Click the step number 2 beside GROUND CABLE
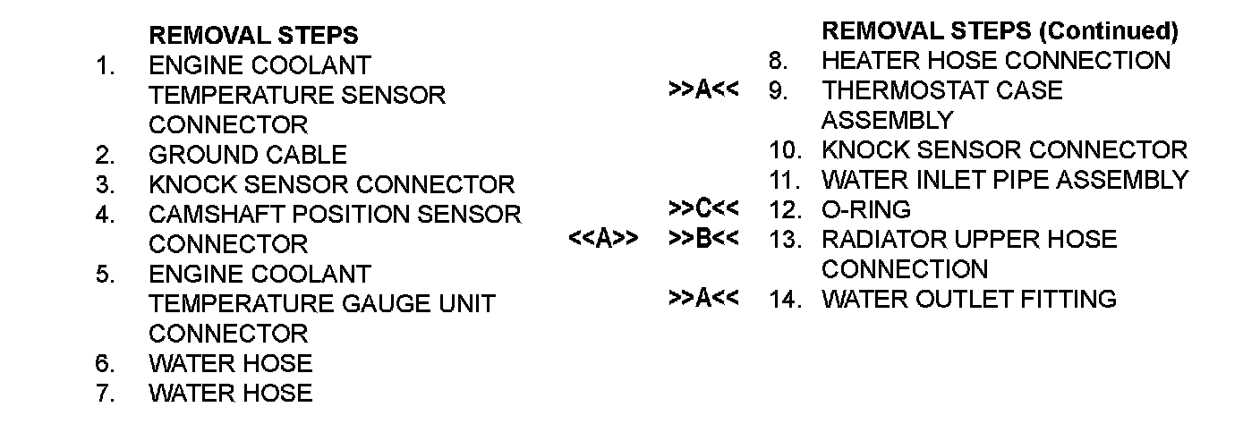coord(105,155)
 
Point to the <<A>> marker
coord(602,240)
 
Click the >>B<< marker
coord(703,240)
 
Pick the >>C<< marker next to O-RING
coord(703,209)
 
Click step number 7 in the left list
coord(105,393)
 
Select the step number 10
coord(785,150)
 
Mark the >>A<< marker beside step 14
coord(703,299)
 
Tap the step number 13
coord(785,240)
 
